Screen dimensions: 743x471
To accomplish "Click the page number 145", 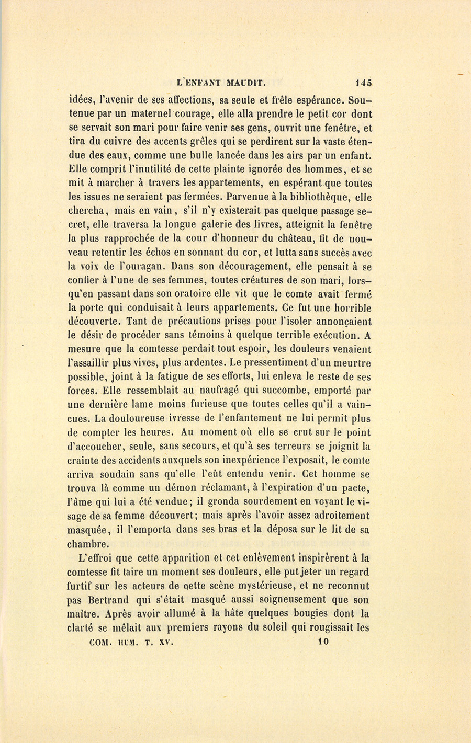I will pyautogui.click(x=363, y=82).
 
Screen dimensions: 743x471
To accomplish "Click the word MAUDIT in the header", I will pyautogui.click(x=248, y=82).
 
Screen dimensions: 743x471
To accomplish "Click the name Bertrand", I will pyautogui.click(x=108, y=600).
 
